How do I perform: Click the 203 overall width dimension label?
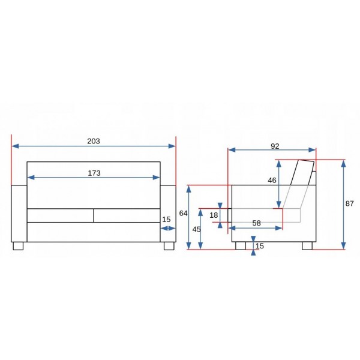point(94,141)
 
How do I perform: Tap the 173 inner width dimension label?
point(94,173)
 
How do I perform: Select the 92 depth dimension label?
point(275,146)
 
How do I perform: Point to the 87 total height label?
point(349,203)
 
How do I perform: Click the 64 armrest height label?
point(183,213)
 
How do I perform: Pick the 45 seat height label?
point(197,229)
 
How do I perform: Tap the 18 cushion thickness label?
point(214,215)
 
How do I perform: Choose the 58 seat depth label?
point(256,223)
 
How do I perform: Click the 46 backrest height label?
point(272,181)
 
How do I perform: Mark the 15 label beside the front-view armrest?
point(166,220)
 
